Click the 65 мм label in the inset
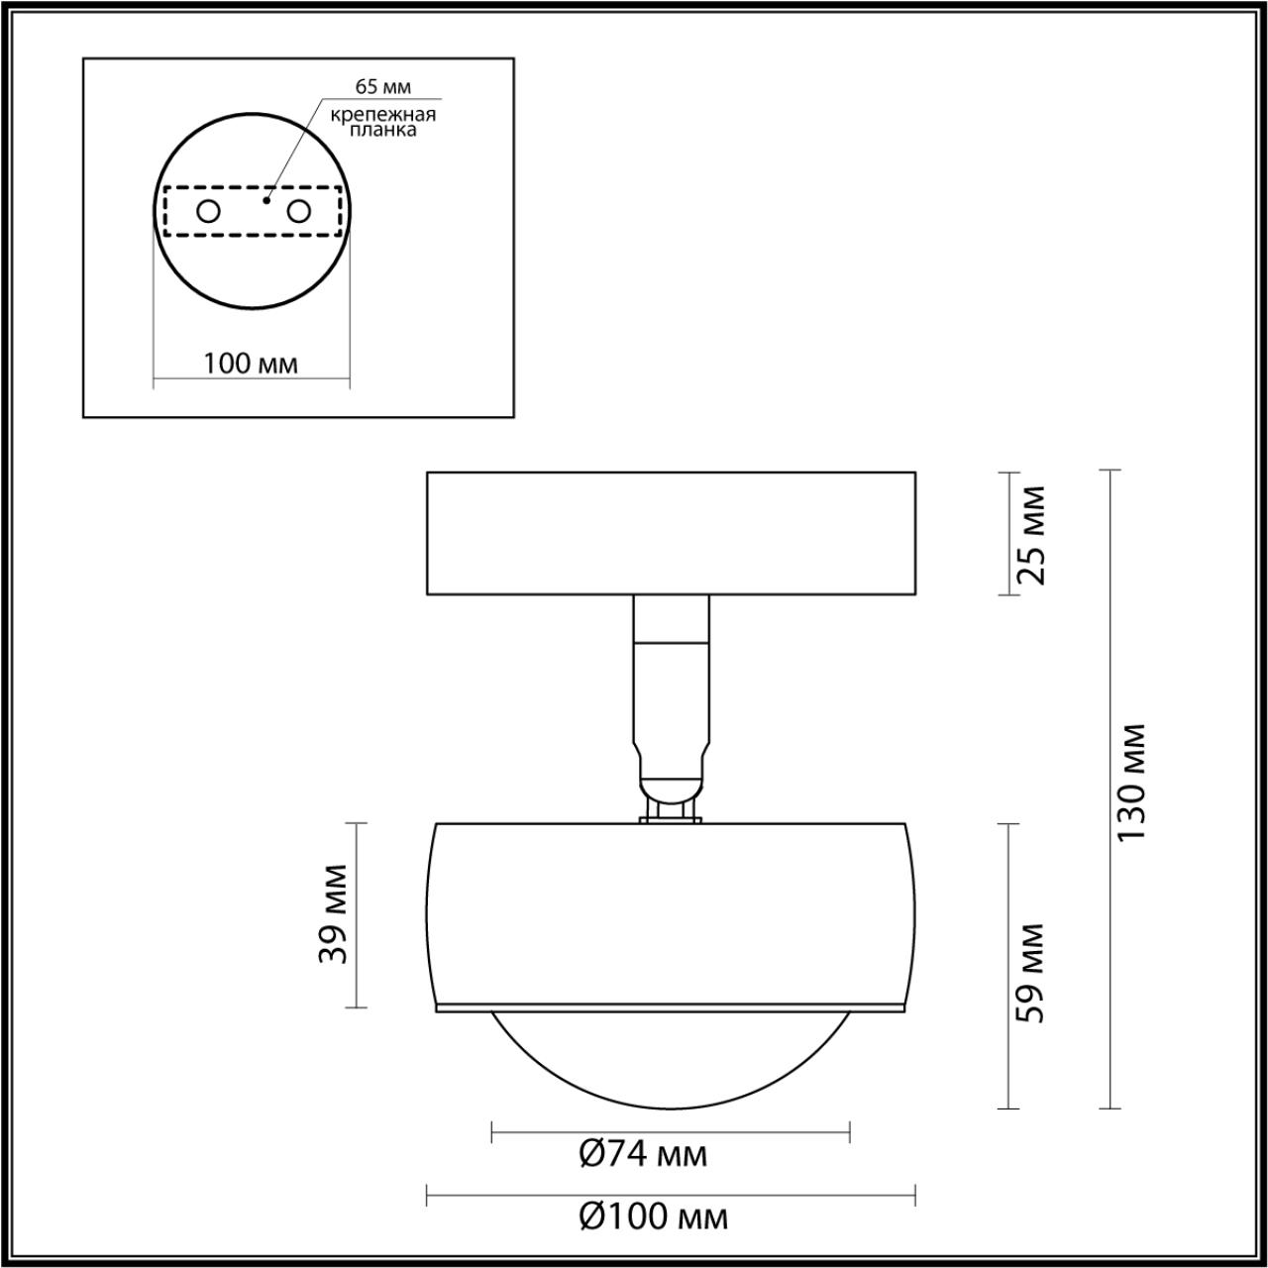[383, 86]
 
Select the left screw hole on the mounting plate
[208, 211]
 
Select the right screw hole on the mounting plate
[298, 211]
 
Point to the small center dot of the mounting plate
[265, 199]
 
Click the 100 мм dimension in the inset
[251, 363]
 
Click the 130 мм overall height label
[1130, 783]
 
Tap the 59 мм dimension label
[1031, 973]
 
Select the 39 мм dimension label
[334, 913]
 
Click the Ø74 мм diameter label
[642, 1154]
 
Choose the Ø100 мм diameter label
[652, 1215]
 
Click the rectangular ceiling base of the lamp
[671, 533]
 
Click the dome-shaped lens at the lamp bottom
[671, 1060]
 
